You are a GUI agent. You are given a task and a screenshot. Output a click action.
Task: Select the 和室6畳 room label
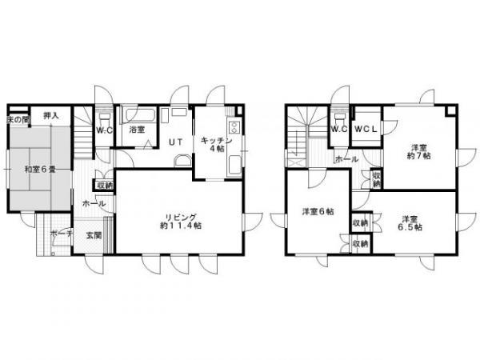coord(38,169)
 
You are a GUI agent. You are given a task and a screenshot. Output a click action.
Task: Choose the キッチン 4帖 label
coord(216,144)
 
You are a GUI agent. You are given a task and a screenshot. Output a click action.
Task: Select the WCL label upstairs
coord(366,129)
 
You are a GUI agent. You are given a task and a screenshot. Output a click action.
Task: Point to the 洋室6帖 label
coord(318,212)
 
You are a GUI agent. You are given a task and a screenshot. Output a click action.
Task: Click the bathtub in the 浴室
coord(139,114)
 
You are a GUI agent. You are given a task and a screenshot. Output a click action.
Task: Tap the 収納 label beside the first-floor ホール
coord(104,186)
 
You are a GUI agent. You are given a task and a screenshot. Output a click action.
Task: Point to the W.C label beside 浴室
coord(103,130)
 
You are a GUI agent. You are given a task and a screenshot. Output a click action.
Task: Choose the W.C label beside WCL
coord(338,129)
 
